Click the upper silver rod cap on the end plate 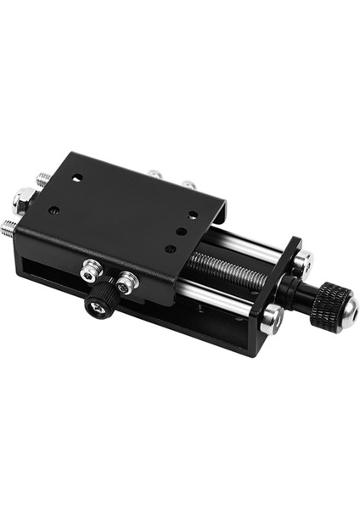pyautogui.click(x=303, y=260)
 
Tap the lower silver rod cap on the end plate pyautogui.click(x=272, y=318)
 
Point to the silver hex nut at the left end pyautogui.click(x=20, y=200)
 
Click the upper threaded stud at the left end pyautogui.click(x=42, y=180)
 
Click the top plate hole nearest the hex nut pyautogui.click(x=54, y=209)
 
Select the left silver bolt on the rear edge pyautogui.click(x=154, y=174)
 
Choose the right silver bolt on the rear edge pyautogui.click(x=188, y=183)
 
